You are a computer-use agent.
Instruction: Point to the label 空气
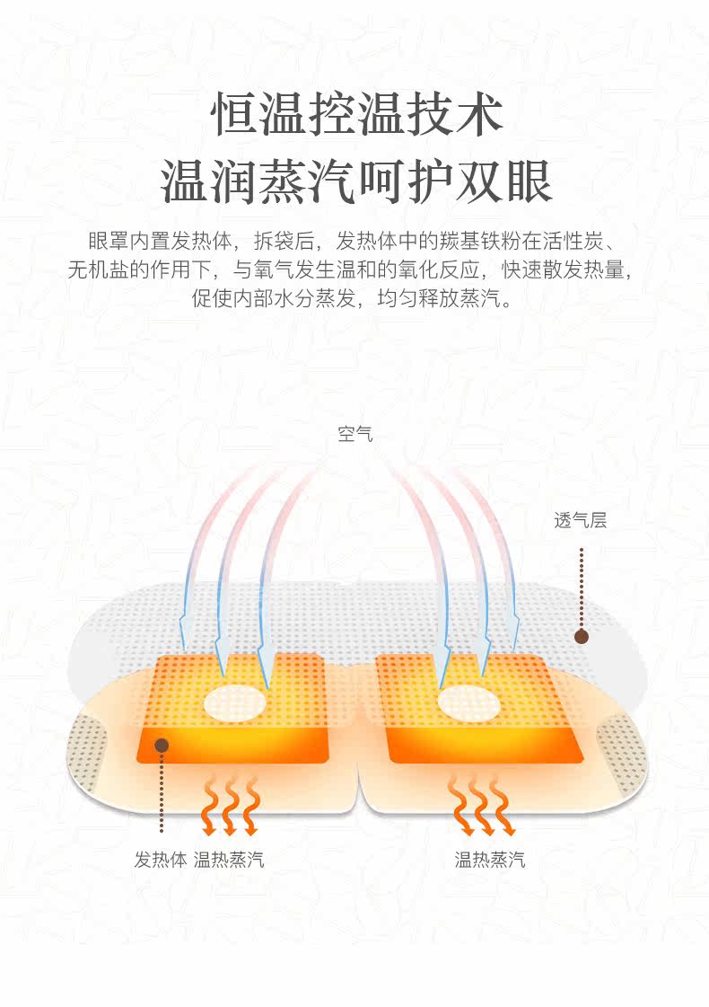tap(354, 435)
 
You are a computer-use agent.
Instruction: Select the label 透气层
tap(580, 520)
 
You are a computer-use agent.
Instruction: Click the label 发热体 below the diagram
tap(161, 860)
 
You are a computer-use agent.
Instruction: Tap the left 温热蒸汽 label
tap(229, 860)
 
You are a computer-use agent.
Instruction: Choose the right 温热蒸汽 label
tap(489, 860)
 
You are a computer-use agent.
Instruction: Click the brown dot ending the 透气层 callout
tap(582, 637)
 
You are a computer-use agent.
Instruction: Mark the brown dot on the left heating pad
tap(162, 745)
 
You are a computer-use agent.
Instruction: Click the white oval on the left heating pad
tap(235, 702)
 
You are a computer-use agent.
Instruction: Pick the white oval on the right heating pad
tap(469, 702)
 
